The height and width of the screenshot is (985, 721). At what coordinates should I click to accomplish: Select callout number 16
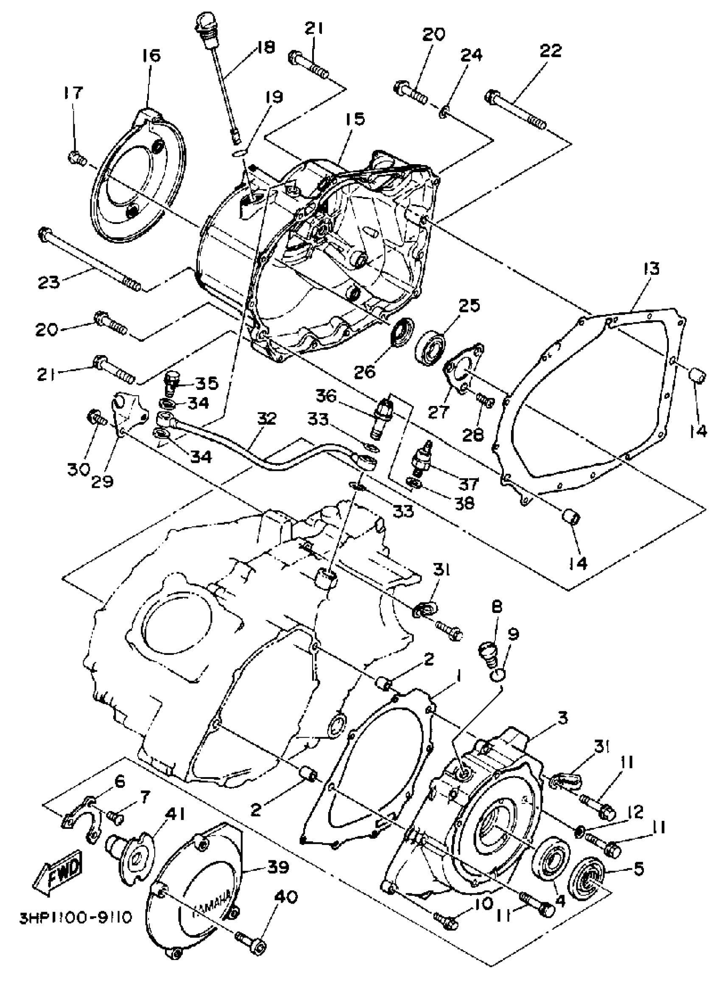coord(151,56)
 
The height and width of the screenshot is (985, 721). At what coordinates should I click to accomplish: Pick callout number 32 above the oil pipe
coord(267,419)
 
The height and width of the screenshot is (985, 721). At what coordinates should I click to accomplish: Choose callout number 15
coord(356,119)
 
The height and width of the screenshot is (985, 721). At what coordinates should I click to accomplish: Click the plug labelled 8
coord(488,653)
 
